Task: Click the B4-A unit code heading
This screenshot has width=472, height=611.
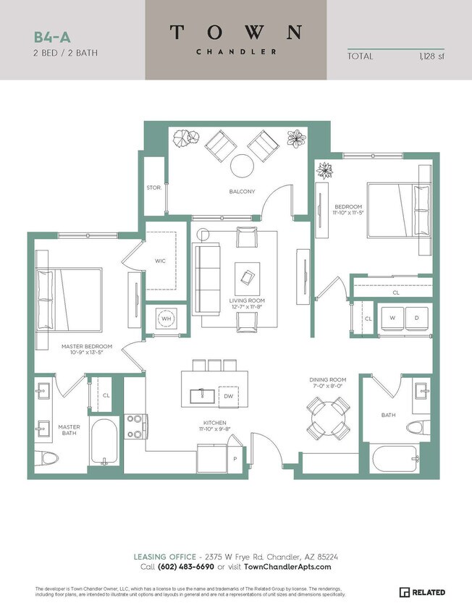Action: coord(49,37)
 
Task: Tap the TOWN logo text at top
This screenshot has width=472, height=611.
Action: coord(235,32)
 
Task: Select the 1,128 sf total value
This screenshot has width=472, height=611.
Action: coord(431,56)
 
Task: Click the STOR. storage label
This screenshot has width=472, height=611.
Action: coord(153,187)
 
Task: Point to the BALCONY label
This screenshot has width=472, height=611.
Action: coord(243,191)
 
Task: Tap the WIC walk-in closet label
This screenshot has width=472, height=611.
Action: coord(161,261)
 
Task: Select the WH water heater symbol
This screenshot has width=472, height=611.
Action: coord(166,319)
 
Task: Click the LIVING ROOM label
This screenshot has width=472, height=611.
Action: coord(247,300)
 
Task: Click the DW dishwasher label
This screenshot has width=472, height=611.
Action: coord(228,396)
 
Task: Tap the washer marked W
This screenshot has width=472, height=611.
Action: coord(392,319)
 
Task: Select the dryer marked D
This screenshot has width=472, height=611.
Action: coord(416,319)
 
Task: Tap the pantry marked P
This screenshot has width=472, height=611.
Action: coord(235,458)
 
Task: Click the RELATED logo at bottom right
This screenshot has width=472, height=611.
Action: coord(423,593)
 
